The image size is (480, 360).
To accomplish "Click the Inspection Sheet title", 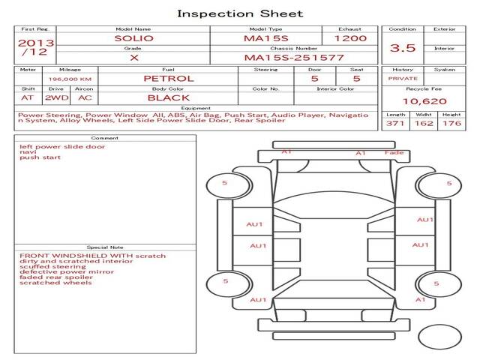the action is coord(240,13).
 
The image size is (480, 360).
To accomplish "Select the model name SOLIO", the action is coord(133,38).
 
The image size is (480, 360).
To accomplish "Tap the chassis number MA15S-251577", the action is coord(294,58).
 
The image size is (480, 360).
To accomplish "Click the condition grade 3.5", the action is coord(403,48).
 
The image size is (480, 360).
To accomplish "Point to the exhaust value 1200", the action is coord(350,38).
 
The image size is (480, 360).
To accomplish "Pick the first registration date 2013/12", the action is coord(36,47).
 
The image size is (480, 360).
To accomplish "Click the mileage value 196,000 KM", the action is coord(70,79).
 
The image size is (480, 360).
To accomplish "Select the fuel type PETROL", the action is coord(169,79).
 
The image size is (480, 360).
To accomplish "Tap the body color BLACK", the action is coord(168,98).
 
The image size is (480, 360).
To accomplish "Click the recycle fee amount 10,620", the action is coord(424,101).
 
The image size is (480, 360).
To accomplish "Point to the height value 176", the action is coord(451,123).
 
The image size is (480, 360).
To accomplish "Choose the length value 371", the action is coord(395,123).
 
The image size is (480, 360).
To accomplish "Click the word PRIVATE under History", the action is coord(403,79).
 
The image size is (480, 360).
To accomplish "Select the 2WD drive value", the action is coord(57,98).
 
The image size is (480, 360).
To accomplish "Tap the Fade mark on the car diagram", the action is coord(394,152).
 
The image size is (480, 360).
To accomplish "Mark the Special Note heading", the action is coord(105,247).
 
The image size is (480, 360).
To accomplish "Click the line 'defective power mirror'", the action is coord(67,271).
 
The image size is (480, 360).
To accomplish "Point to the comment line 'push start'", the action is coord(40,157).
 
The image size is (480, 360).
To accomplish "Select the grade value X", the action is coord(134,58).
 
